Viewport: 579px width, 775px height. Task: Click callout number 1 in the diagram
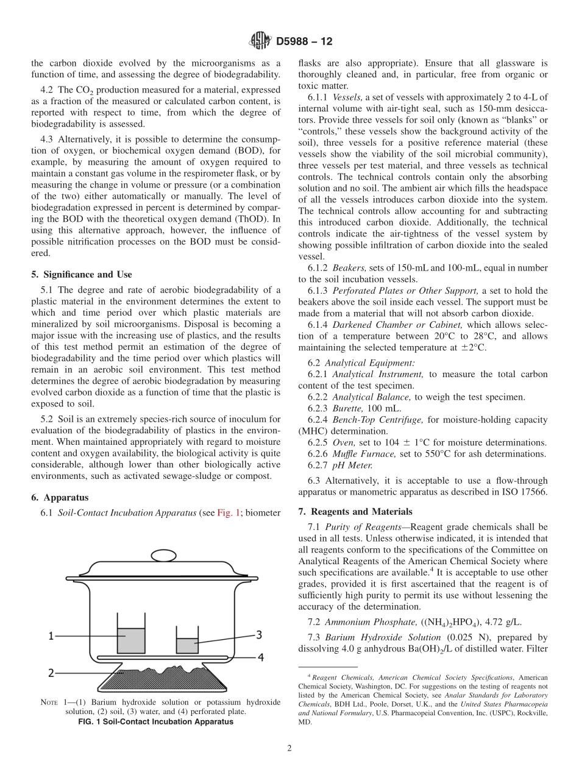click(52, 635)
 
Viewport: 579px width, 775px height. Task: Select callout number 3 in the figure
click(258, 635)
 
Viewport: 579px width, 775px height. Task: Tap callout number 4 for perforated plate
click(260, 657)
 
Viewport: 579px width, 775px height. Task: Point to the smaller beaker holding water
click(186, 645)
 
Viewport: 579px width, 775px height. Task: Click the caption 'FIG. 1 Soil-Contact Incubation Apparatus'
click(156, 722)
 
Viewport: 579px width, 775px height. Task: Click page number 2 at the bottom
click(289, 749)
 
